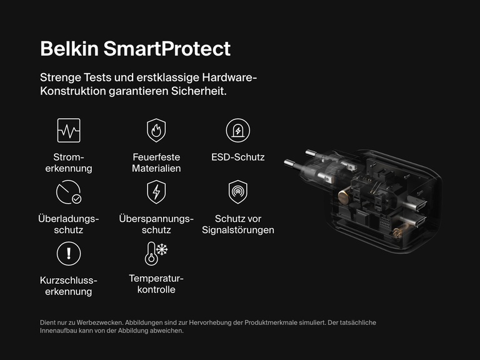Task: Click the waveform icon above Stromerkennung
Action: tap(69, 131)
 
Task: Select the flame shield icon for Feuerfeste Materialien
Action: tap(156, 131)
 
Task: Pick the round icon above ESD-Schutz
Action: tap(238, 131)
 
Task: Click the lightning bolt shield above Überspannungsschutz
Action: tap(156, 192)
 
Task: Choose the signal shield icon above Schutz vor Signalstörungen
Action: tap(238, 192)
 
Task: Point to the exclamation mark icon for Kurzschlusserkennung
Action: tap(69, 253)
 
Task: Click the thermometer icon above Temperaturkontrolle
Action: tap(156, 253)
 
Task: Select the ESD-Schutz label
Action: tap(238, 157)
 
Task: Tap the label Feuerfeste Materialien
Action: tap(156, 162)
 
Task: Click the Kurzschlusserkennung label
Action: tap(69, 286)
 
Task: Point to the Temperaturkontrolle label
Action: tap(156, 284)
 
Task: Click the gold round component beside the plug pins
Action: tap(343, 197)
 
